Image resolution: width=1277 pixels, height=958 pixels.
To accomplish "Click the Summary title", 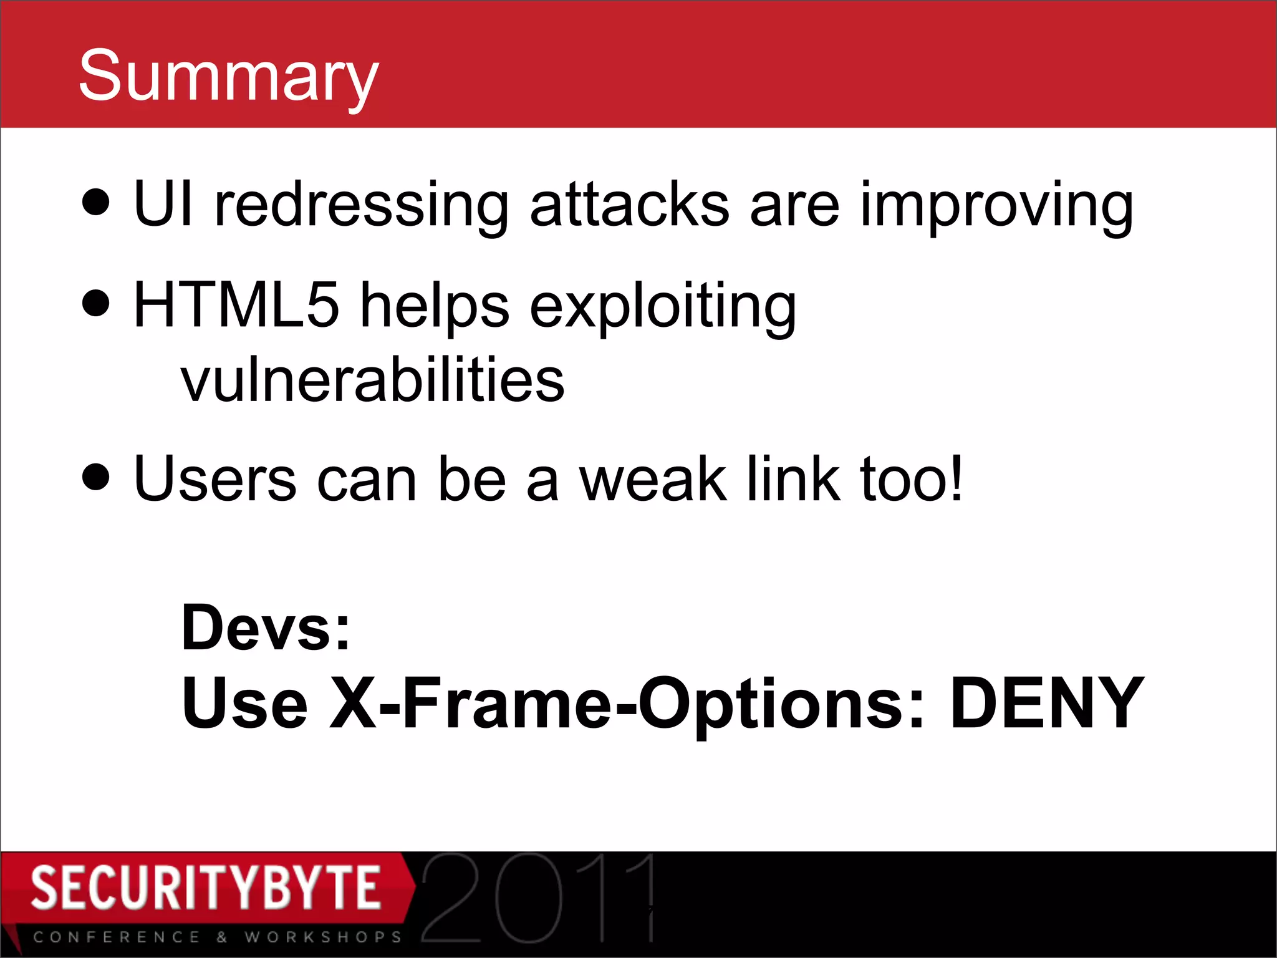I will coord(228,76).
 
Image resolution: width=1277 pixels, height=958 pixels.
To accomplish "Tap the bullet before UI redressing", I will coord(96,202).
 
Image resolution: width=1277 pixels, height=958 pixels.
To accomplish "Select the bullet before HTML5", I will coord(96,303).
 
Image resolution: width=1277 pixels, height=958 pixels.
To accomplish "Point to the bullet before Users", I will coord(96,478).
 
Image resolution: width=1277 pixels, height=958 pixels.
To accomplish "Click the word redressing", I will coord(361,206).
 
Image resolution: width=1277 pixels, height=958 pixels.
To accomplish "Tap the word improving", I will coord(996,206).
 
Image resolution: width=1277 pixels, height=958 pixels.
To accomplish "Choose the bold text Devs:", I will coord(266,627).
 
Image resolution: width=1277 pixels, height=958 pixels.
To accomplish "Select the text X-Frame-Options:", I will coord(627,704).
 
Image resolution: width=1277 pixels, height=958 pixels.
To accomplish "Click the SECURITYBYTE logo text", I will coord(206,887).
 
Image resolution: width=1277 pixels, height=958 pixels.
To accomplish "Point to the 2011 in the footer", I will coord(539,898).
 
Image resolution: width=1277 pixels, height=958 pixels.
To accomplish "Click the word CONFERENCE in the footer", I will coord(117,937).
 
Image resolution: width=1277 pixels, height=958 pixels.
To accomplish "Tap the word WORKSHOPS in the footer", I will coord(323,937).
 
